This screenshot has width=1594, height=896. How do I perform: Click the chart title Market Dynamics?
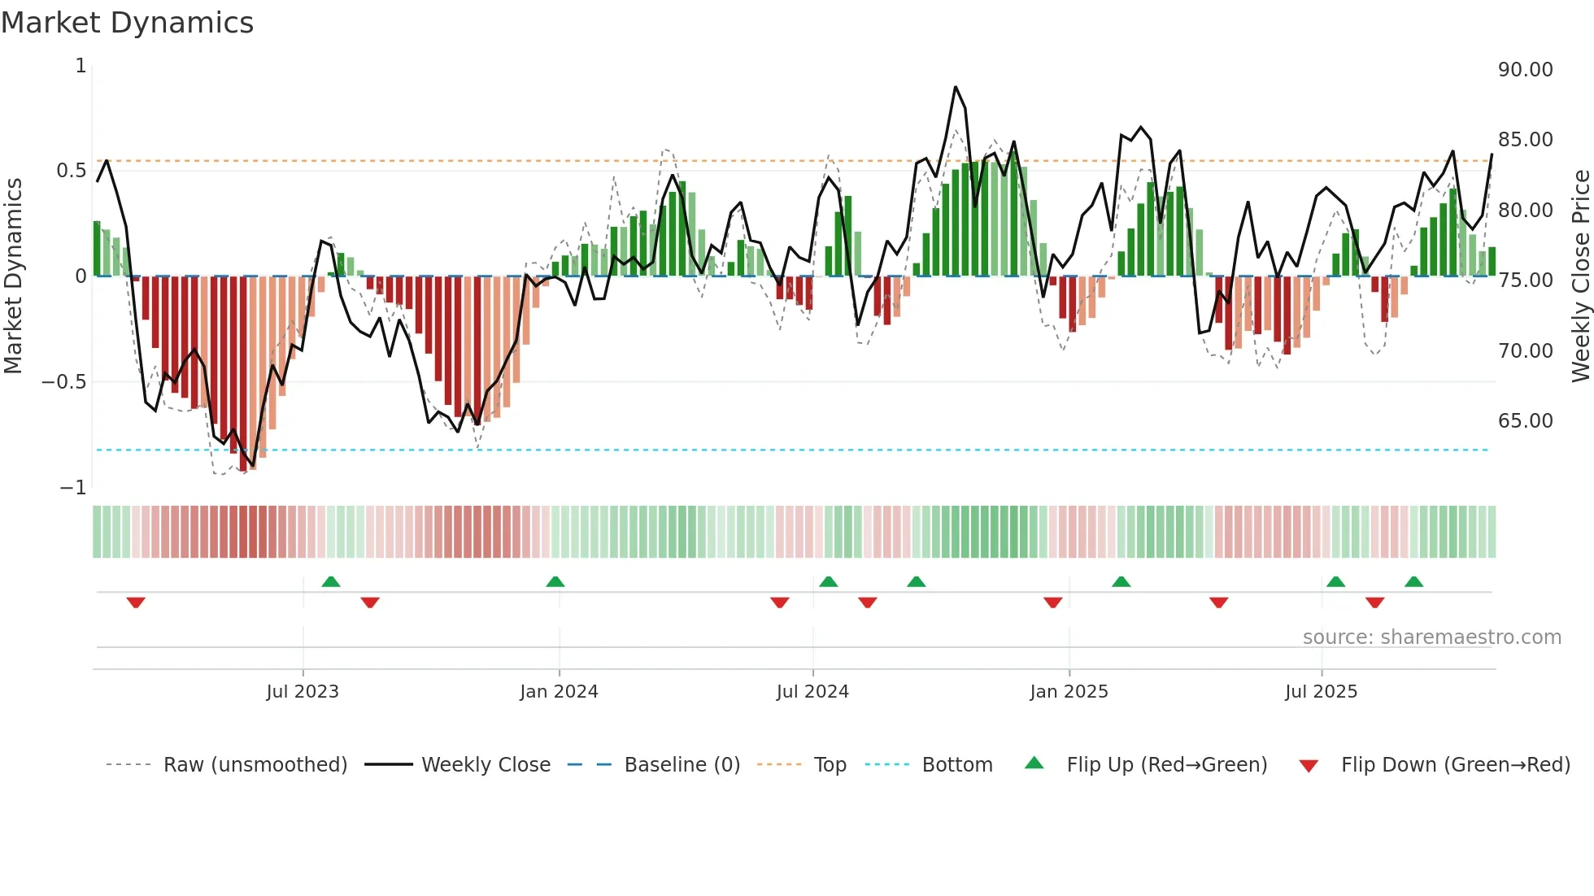[128, 23]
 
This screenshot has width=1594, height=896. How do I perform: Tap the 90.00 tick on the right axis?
[1525, 70]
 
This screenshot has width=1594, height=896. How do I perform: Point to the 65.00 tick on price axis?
[1525, 421]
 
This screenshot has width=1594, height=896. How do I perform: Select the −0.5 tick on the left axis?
[63, 382]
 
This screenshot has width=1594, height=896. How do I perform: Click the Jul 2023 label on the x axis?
[303, 692]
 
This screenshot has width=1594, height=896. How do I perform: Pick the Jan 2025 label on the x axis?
[1069, 692]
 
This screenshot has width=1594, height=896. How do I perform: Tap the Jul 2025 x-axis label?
[1321, 692]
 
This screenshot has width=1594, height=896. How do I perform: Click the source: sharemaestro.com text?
[1431, 637]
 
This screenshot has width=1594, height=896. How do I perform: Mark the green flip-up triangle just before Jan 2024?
[555, 582]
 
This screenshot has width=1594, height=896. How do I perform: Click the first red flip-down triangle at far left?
[136, 602]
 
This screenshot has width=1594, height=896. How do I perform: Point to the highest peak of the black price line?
[956, 87]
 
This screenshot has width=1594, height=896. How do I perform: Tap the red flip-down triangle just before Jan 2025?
[1053, 602]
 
